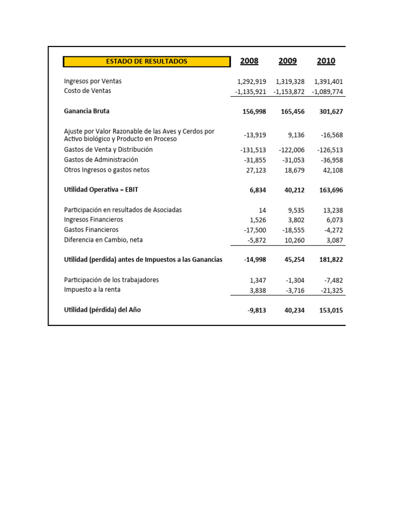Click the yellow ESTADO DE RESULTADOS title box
click(147, 61)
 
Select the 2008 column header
click(249, 61)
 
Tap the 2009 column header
click(287, 61)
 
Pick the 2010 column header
click(326, 61)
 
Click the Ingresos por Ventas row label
click(93, 81)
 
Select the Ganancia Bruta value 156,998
click(254, 112)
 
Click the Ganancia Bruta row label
click(86, 111)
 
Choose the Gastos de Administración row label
click(101, 160)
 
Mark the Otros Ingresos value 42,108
click(331, 170)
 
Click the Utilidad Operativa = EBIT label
click(101, 190)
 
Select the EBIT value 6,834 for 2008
click(257, 190)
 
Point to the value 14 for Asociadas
click(262, 210)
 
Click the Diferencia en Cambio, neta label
click(103, 240)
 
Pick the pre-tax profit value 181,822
click(329, 260)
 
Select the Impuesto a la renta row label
click(92, 290)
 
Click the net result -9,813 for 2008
click(257, 310)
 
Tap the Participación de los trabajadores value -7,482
click(333, 281)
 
